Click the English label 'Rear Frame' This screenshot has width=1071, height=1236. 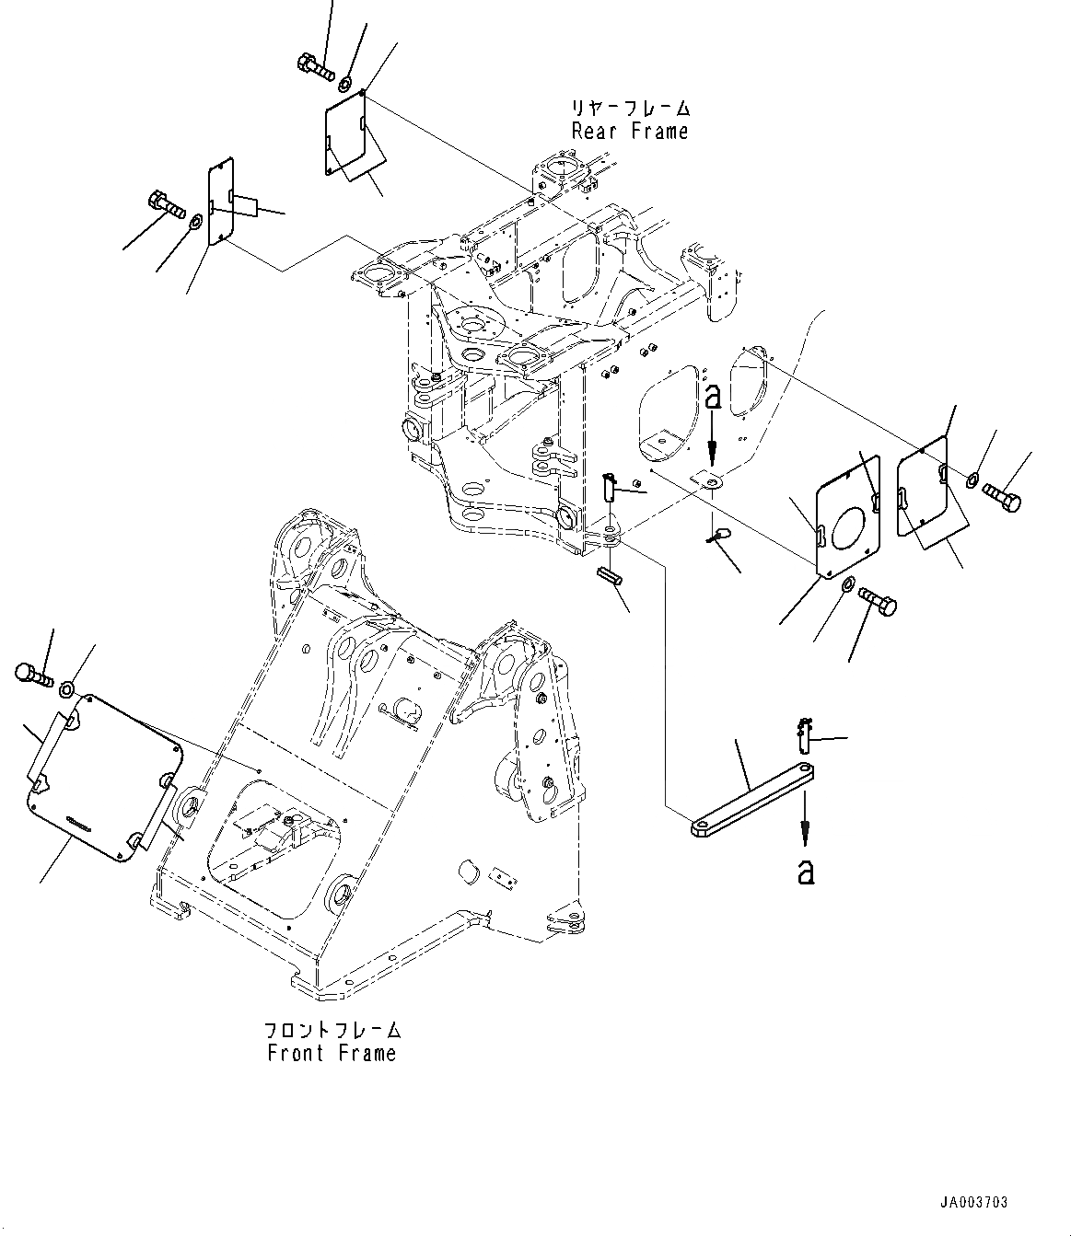(630, 132)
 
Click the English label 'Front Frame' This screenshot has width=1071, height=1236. (332, 1053)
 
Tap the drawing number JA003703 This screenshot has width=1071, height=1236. (973, 1202)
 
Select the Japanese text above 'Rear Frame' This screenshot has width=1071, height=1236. (630, 109)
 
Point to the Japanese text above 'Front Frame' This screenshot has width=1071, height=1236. (332, 1029)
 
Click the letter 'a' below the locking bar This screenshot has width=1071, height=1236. (806, 871)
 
